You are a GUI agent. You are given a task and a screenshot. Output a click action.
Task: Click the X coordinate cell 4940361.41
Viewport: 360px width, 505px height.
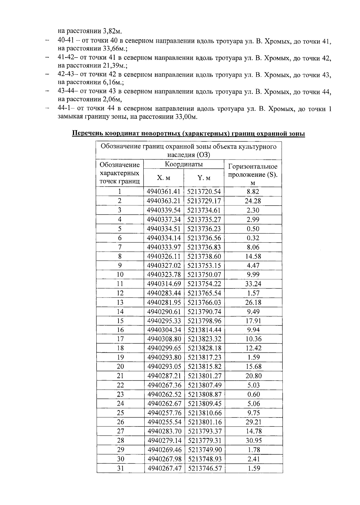[164, 192]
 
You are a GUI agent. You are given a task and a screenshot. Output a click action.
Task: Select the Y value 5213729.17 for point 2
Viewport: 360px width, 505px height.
[204, 201]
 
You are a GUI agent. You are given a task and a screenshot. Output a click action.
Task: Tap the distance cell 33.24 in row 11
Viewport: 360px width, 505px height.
[253, 284]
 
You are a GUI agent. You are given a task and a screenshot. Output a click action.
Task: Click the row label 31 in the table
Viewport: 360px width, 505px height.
[120, 468]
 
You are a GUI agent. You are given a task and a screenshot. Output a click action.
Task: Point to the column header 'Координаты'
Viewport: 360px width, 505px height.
[184, 164]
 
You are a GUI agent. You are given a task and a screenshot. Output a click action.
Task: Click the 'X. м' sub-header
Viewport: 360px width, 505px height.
[163, 178]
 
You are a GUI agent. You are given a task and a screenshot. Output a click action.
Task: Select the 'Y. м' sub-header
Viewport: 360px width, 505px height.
[204, 178]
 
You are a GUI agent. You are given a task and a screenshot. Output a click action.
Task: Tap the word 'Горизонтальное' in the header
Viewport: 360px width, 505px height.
[253, 166]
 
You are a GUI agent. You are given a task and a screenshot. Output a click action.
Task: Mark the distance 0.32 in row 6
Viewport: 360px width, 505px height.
[253, 238]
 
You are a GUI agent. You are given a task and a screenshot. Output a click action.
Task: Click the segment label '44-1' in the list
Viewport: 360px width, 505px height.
[64, 109]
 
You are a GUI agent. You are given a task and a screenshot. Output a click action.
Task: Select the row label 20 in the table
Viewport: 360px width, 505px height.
[120, 367]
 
